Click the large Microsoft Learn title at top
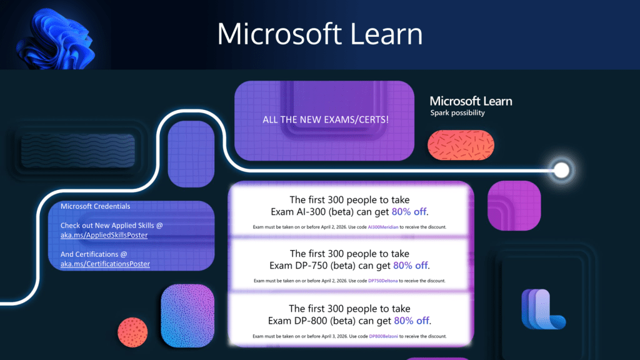point(319,34)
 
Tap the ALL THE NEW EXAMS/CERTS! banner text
point(325,119)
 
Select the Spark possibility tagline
point(457,112)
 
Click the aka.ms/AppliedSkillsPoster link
point(104,235)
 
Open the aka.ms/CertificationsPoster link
point(105,264)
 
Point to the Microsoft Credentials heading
point(95,206)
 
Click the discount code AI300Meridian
point(383,227)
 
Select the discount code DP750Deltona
point(383,281)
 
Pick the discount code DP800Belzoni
point(383,336)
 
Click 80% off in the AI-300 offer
point(409,211)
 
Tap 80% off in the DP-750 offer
point(410,265)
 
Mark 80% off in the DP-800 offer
point(411,321)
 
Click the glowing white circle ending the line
point(562,170)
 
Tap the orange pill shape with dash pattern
point(461,145)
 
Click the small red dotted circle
point(132,332)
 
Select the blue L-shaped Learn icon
point(543,309)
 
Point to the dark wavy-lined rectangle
point(78,151)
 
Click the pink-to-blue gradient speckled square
point(187,316)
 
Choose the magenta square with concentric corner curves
point(514,206)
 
